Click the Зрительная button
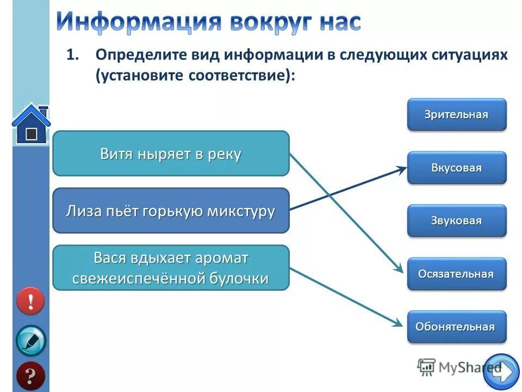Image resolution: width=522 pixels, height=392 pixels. [457, 114]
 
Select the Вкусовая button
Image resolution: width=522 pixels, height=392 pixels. [457, 168]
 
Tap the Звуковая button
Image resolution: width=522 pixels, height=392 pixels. [457, 220]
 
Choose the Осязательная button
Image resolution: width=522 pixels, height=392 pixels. [457, 274]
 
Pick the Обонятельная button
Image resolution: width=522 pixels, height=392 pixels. [457, 327]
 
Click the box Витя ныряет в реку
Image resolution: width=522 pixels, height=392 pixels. [171, 154]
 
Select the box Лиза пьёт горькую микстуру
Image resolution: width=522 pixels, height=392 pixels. [171, 211]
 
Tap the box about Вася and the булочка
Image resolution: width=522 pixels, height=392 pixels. [171, 267]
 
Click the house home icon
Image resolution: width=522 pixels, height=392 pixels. [31, 124]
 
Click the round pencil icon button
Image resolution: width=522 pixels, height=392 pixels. [30, 340]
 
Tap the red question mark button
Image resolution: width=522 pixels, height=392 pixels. [30, 376]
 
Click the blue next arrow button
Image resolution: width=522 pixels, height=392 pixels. [501, 372]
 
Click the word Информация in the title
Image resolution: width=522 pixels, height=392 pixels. [139, 22]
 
